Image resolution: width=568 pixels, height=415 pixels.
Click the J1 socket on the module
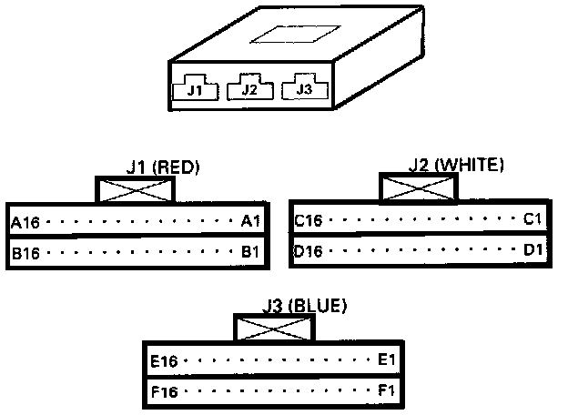coord(194,89)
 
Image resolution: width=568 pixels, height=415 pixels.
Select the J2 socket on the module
coord(248,89)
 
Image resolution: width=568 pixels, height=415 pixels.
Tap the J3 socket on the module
coord(304,88)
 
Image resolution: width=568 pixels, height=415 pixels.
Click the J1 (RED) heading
coord(163,167)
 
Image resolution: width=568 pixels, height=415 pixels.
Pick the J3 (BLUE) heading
coord(303,306)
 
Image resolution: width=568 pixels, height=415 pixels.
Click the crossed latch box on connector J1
coord(136,189)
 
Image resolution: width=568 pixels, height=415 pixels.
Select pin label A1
coord(250,221)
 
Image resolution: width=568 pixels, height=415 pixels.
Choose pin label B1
coord(250,252)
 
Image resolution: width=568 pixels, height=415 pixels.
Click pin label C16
coord(309,219)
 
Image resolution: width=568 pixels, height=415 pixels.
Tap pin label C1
coord(532,219)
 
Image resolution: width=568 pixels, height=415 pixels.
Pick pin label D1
coord(532,249)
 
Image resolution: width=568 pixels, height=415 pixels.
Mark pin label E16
coord(165,360)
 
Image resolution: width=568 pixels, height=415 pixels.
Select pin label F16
coord(165,391)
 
